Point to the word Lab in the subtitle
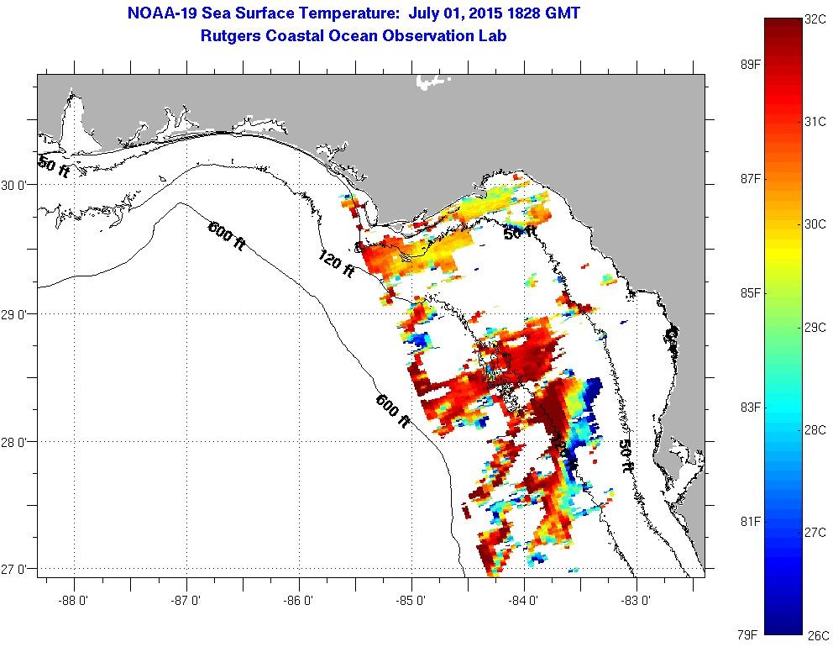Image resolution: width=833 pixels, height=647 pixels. [493, 36]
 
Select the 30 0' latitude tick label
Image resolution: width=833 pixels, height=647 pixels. [17, 186]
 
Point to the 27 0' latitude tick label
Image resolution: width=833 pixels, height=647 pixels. [17, 570]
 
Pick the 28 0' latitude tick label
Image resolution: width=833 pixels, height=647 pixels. [17, 441]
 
